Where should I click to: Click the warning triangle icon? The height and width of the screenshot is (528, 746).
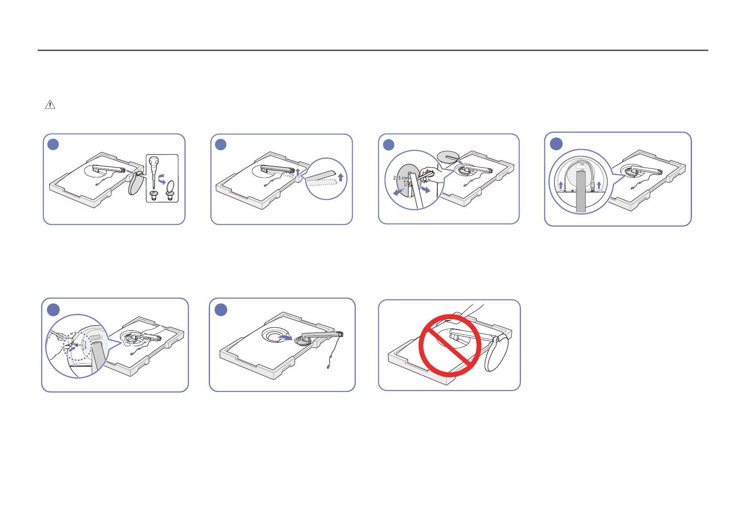coord(50,105)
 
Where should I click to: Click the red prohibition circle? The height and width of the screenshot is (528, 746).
coord(450,346)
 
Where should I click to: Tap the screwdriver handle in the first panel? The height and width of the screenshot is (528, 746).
coord(153,162)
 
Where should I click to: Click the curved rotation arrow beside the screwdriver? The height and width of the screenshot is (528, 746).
coord(163,179)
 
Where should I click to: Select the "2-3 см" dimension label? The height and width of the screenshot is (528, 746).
coord(400,178)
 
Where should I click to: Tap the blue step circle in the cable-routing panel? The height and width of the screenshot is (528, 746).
coord(556,144)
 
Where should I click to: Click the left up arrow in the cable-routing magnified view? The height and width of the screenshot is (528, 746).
coord(561,185)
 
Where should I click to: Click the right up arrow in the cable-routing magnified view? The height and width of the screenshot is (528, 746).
coord(599,185)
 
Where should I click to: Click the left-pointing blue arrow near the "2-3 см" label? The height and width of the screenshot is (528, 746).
coord(398,192)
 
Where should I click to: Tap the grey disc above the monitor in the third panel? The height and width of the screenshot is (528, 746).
coord(448,156)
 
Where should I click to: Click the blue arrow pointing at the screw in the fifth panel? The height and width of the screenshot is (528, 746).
coord(70,350)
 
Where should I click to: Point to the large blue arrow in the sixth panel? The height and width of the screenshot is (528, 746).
coord(284,338)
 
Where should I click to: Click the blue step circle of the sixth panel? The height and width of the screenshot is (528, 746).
coord(221,309)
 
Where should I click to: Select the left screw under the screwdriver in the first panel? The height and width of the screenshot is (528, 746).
coord(155,195)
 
